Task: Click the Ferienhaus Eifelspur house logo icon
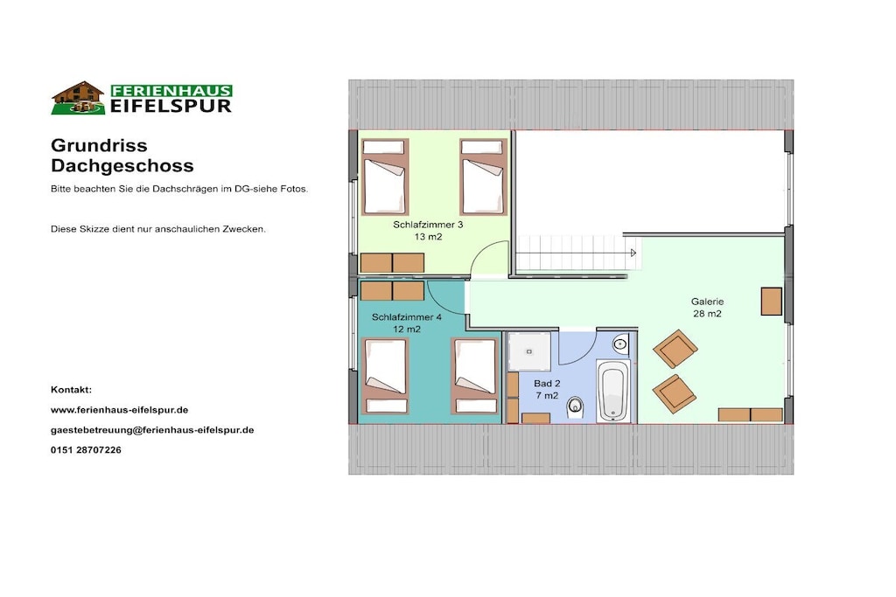[78, 98]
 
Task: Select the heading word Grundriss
[99, 145]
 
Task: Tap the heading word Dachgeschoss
[122, 165]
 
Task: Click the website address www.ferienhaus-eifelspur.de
[119, 410]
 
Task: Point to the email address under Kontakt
[152, 430]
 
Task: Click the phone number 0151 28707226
[86, 450]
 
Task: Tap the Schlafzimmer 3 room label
[428, 225]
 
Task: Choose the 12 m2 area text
[407, 329]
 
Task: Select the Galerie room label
[707, 302]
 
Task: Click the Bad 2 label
[547, 384]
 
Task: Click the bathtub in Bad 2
[613, 391]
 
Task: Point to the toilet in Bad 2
[575, 407]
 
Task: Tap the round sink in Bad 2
[620, 344]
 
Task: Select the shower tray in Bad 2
[529, 351]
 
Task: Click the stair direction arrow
[633, 253]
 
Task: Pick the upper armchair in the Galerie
[675, 349]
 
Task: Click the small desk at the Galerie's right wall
[772, 302]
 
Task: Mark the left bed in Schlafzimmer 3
[385, 177]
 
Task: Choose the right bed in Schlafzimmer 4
[475, 376]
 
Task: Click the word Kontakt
[71, 390]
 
